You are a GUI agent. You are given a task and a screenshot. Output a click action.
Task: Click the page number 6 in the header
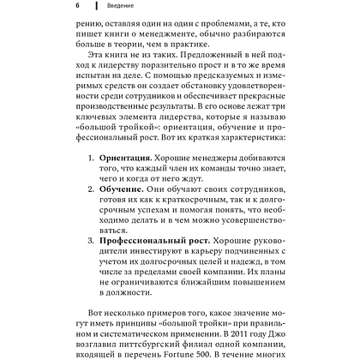(x=76, y=6)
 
